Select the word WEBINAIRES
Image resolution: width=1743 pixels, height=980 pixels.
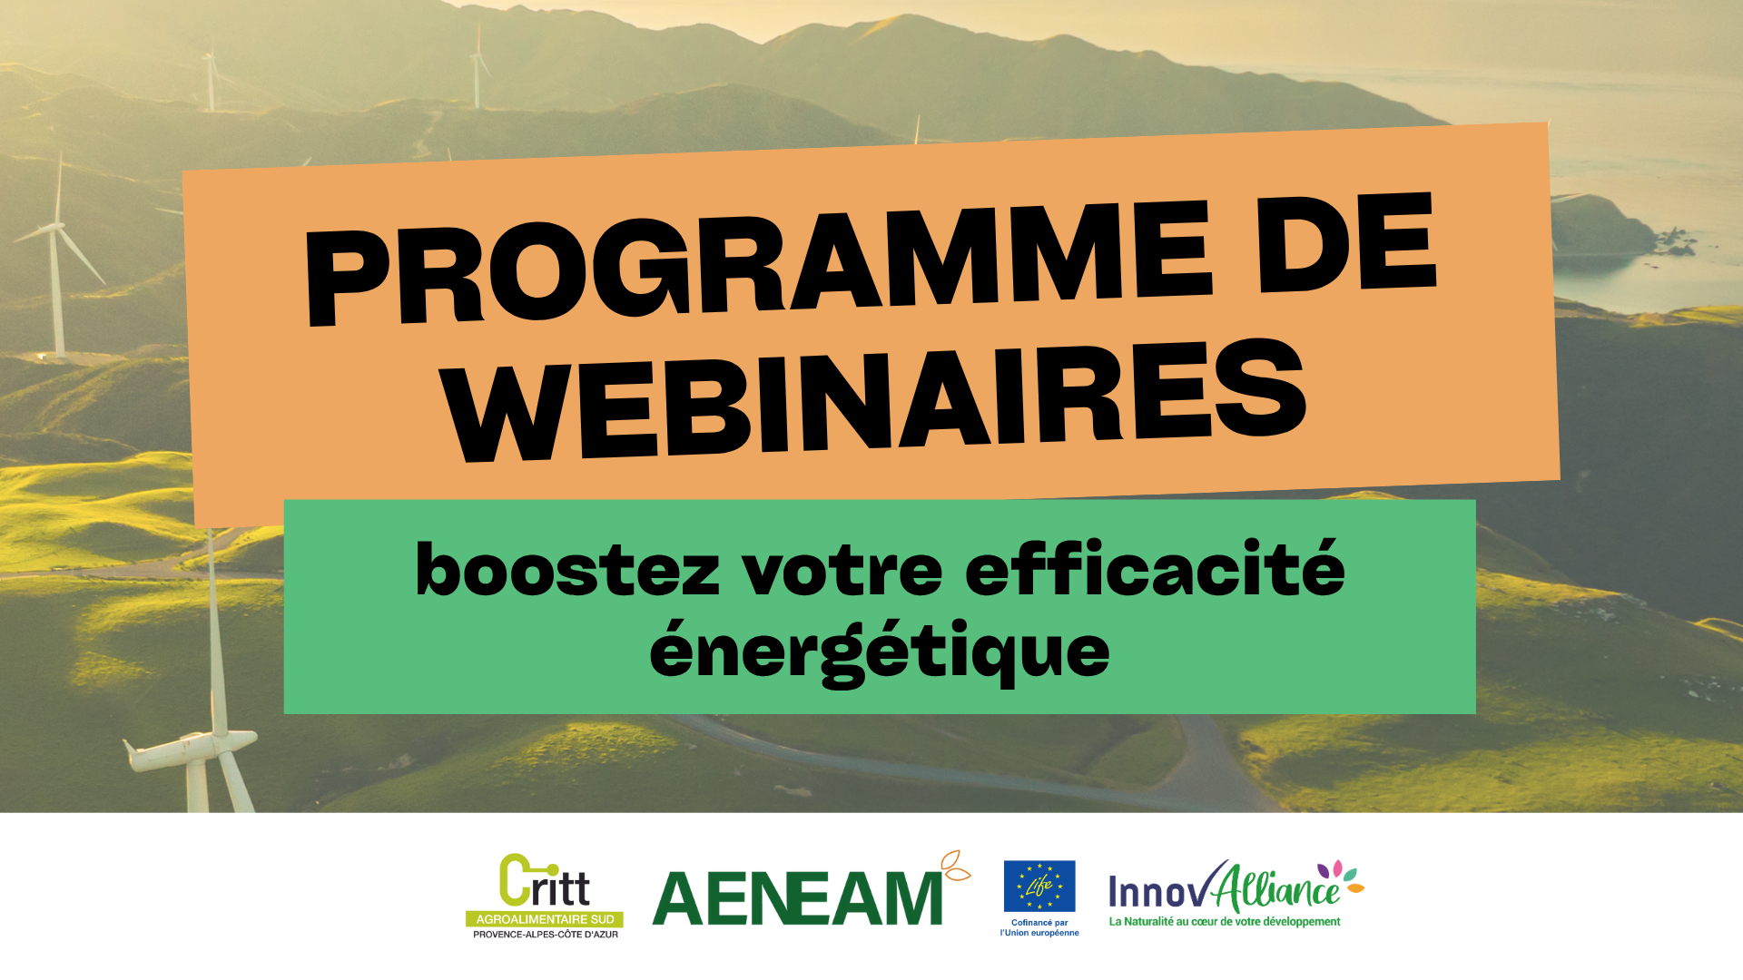(877, 400)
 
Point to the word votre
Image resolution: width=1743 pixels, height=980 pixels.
(843, 571)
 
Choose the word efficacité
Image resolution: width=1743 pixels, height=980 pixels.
(1155, 567)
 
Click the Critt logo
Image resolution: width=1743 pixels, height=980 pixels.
(545, 896)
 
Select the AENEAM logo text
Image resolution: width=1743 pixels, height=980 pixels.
(798, 898)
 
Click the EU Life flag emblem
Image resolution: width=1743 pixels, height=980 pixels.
(1039, 886)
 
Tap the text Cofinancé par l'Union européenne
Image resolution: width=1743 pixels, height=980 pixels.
(1039, 927)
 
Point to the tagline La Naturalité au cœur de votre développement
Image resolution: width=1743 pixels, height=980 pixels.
(1225, 922)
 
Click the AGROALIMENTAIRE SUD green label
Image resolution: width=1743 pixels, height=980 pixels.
(545, 919)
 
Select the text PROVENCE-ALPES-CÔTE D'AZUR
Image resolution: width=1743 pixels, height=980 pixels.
(546, 935)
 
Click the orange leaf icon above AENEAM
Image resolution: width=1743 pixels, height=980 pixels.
(955, 866)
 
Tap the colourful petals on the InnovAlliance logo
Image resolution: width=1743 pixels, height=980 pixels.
(1342, 876)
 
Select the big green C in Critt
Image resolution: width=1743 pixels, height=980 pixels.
(515, 880)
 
